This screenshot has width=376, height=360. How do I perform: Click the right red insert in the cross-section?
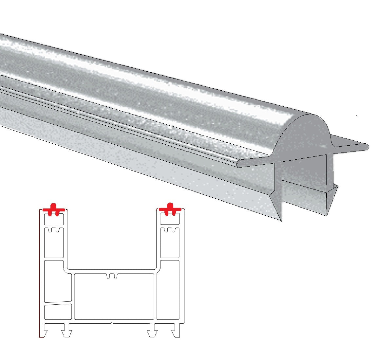pyautogui.click(x=170, y=210)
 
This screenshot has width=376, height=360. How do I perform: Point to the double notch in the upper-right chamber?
pyautogui.click(x=170, y=230)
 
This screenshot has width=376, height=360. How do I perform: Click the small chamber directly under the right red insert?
pyautogui.click(x=170, y=220)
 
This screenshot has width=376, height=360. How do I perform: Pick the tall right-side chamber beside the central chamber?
pyautogui.click(x=167, y=290)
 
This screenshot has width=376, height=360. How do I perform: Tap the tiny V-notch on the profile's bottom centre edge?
pyautogui.click(x=112, y=323)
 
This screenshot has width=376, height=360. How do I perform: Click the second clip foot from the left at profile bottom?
pyautogui.click(x=66, y=333)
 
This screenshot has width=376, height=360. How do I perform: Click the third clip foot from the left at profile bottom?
pyautogui.click(x=151, y=333)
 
